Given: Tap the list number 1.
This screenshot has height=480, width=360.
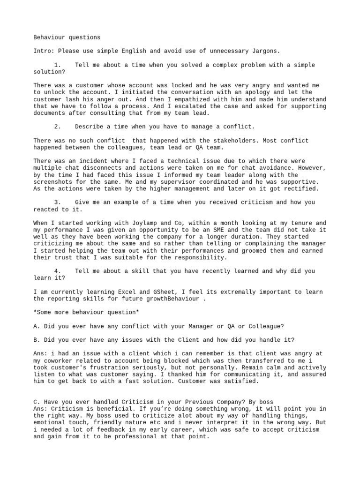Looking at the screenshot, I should (x=57, y=65).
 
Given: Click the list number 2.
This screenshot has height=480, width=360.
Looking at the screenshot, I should (x=57, y=127).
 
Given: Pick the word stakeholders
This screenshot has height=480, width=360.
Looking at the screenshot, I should (x=234, y=141).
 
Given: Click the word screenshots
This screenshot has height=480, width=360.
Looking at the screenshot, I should (x=54, y=181).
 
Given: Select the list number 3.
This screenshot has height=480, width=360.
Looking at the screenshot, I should (x=57, y=202).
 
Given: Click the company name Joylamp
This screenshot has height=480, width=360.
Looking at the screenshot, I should (x=147, y=223).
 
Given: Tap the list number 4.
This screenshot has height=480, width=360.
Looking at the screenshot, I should (x=57, y=271).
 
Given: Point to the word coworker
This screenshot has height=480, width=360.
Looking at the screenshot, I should (x=61, y=360).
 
